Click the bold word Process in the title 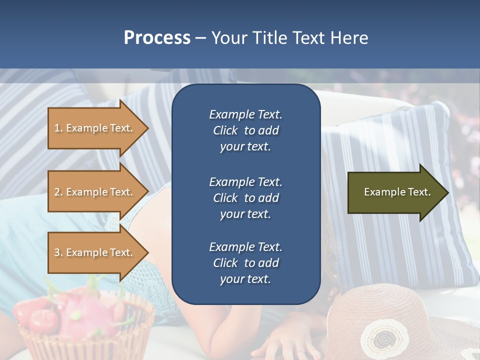coord(157,37)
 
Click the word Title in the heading coord(271,38)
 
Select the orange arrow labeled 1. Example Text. coord(95,128)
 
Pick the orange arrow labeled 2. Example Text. coord(95,192)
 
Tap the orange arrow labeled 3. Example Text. coord(95,252)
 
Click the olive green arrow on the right coord(395,192)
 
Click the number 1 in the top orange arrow coord(57,128)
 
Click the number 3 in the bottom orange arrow coord(57,252)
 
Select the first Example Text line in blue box coord(245,114)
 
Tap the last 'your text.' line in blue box coord(245,279)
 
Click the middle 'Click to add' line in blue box coord(245,198)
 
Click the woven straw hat coord(400,310)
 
